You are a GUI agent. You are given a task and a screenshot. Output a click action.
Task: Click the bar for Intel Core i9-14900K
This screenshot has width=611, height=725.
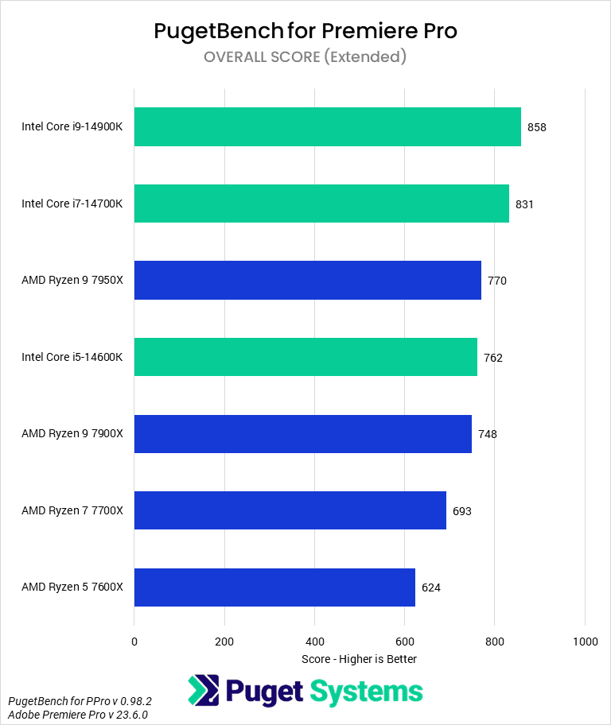coord(327,127)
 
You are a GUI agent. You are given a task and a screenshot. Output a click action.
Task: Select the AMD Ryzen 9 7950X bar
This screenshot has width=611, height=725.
coord(307,281)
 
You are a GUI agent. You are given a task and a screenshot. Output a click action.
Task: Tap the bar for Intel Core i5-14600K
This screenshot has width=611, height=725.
coord(305,357)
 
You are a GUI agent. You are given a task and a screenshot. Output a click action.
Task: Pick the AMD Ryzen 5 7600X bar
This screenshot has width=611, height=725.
coord(274,587)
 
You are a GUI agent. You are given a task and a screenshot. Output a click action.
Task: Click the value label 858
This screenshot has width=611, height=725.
coord(537,127)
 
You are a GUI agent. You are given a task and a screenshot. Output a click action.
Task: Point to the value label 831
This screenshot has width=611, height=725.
coord(524,204)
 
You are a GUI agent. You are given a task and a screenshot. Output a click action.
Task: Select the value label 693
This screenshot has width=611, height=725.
coord(462,511)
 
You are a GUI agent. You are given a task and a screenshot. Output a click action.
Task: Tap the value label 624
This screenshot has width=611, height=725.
coord(431,588)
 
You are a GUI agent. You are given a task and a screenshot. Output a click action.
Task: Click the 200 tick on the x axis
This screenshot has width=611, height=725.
coord(224,642)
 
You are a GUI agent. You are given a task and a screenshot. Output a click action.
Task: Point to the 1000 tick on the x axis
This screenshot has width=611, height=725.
coord(585,642)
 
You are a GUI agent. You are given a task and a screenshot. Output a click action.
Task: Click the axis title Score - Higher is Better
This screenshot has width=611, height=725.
coord(359,659)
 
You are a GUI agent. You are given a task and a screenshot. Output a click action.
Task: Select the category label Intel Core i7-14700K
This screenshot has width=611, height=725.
coord(72,204)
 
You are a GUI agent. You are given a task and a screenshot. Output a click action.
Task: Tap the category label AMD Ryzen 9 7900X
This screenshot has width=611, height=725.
coord(72,434)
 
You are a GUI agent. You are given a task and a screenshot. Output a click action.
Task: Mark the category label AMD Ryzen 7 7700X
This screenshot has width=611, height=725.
coord(72,511)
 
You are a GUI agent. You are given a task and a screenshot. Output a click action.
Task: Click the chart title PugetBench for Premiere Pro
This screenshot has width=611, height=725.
coord(305,31)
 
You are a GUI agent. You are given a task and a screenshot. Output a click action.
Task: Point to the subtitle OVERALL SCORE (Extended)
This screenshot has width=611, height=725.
coord(305,56)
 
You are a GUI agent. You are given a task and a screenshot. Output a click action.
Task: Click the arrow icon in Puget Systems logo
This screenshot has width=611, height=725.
coord(204,691)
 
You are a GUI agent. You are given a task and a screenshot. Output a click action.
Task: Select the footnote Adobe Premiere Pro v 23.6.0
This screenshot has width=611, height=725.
coord(78,715)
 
